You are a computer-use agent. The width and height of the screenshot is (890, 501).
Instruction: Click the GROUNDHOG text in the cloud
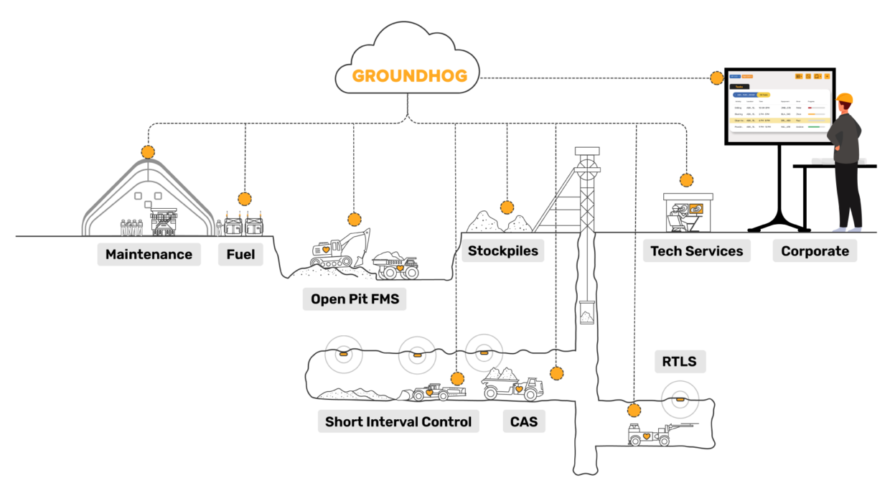click(x=409, y=75)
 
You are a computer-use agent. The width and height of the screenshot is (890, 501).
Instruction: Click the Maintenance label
click(x=149, y=254)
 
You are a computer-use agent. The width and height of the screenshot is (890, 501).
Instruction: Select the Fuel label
click(x=240, y=254)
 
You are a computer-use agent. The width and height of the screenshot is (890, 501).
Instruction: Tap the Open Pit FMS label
click(x=354, y=299)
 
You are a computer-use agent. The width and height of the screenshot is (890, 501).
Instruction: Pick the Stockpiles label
click(x=502, y=250)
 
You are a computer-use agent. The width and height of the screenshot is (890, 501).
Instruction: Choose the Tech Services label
click(x=696, y=251)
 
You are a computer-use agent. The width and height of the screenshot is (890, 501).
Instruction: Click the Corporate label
click(x=815, y=251)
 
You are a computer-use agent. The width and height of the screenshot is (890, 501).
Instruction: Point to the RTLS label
click(x=679, y=361)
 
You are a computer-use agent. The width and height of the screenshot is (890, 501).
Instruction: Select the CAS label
click(x=524, y=421)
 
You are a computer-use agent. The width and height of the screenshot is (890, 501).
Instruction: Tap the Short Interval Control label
click(x=398, y=421)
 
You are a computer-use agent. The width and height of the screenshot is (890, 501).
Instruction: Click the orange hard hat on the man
click(x=845, y=98)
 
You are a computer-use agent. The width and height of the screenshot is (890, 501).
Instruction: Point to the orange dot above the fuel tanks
click(x=245, y=199)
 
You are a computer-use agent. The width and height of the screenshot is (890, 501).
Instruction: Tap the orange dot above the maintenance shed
click(x=148, y=152)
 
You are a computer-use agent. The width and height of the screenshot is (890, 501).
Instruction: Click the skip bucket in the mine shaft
click(x=586, y=313)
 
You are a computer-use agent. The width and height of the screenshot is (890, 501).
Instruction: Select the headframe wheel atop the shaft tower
click(x=587, y=169)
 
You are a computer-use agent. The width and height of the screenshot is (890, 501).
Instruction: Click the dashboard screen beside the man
click(x=779, y=106)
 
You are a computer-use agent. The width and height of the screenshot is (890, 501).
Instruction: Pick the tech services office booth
click(x=688, y=212)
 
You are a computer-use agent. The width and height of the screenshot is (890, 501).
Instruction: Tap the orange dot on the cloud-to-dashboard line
click(x=716, y=78)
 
